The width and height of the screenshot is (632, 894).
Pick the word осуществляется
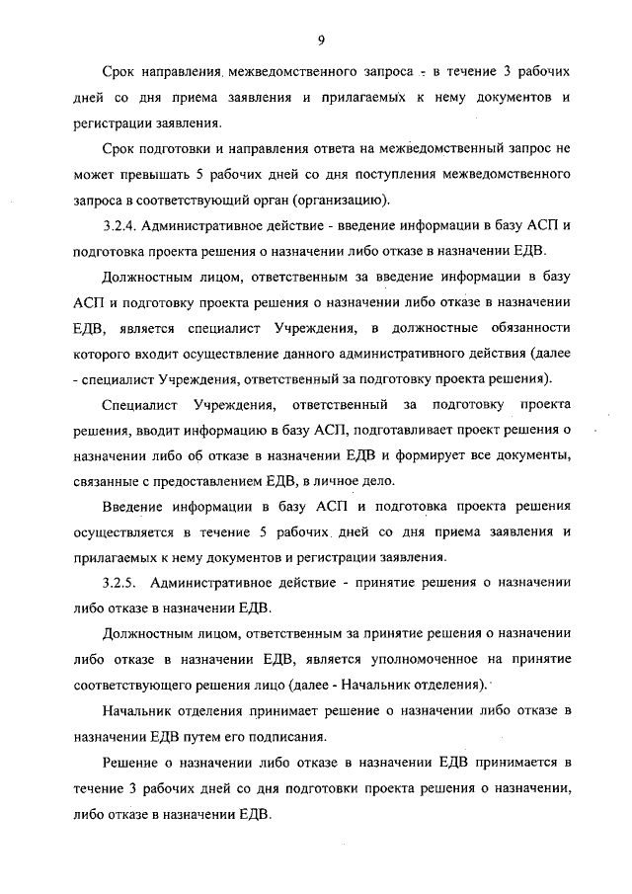[120, 532]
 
